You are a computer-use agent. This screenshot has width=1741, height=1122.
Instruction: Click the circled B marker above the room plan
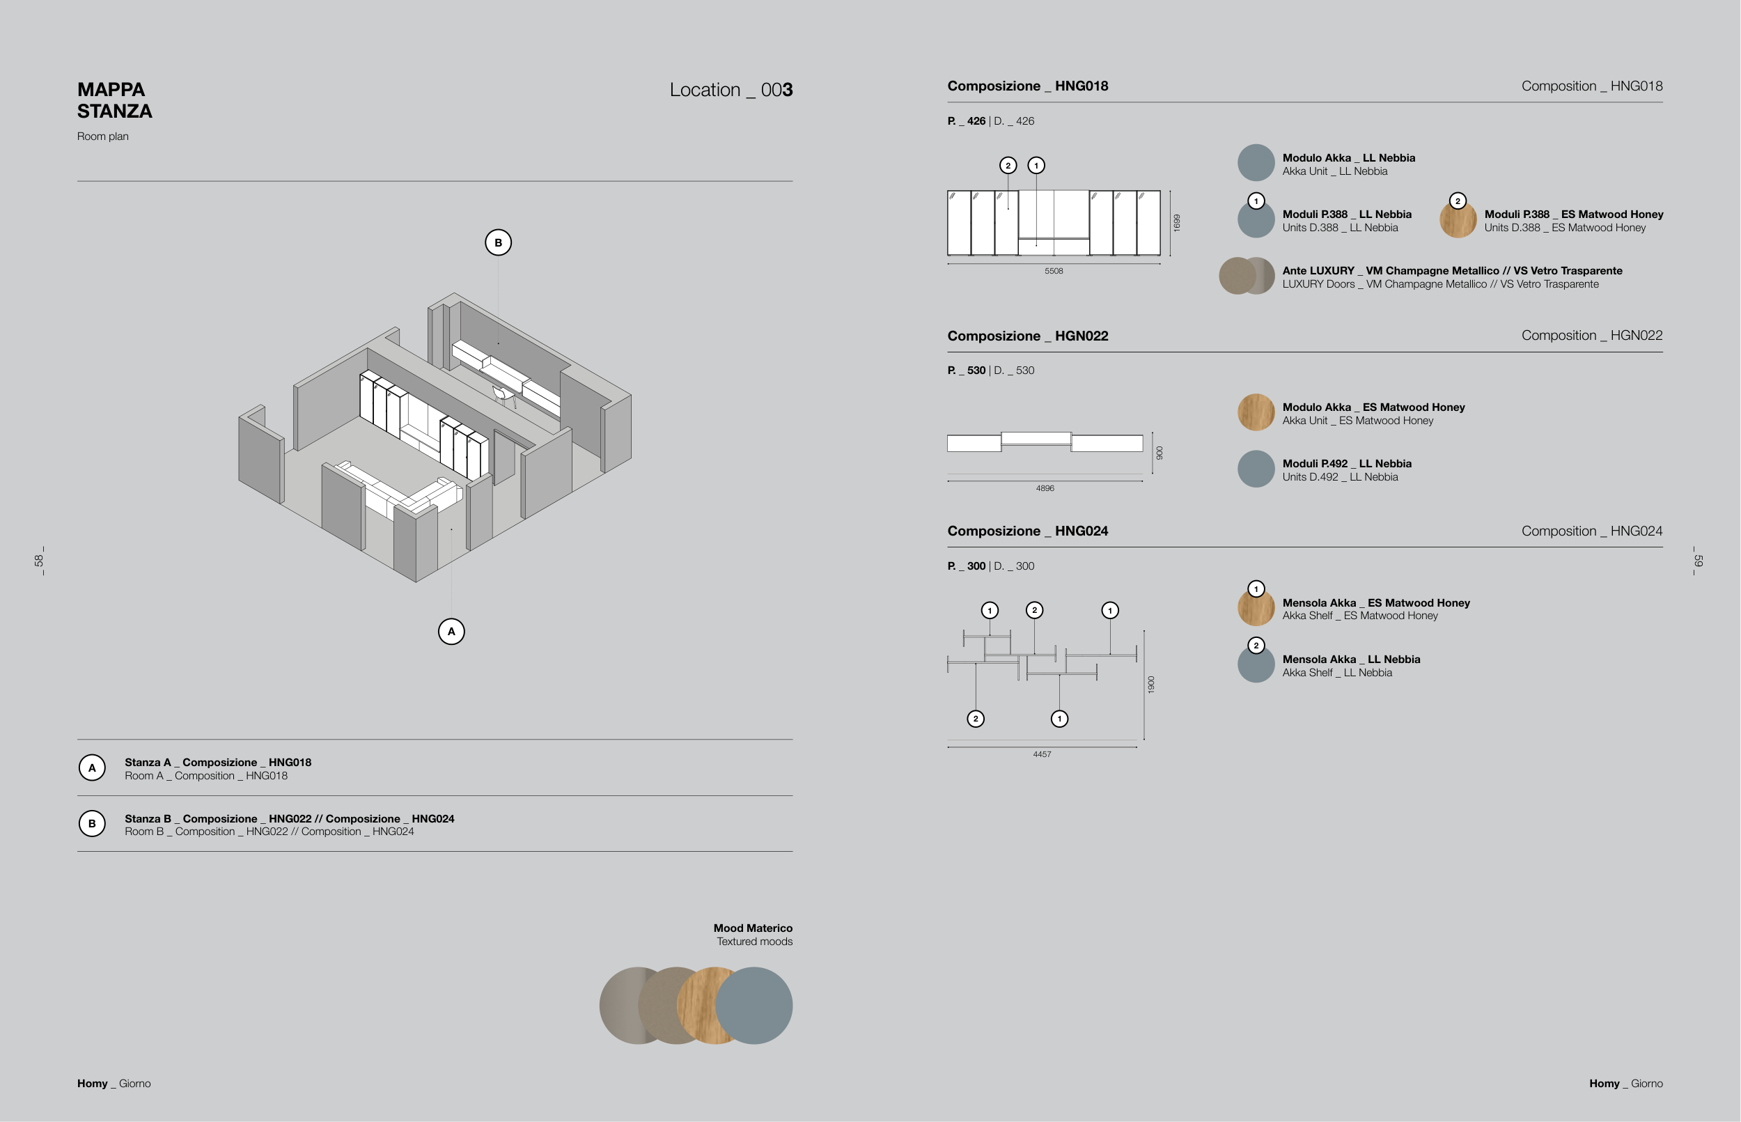498,242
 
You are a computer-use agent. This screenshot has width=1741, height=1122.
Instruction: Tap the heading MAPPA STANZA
114,100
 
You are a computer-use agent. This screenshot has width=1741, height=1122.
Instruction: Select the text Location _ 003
731,90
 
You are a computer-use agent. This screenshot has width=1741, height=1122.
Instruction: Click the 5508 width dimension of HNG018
1054,271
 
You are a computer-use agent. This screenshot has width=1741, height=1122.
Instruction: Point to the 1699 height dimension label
1176,223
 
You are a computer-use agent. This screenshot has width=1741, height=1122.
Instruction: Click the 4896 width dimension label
1045,488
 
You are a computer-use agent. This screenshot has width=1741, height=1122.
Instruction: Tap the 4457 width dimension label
1042,754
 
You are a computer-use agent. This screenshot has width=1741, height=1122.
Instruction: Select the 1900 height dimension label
1151,684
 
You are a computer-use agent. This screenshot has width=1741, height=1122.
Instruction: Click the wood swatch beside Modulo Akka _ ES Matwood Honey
1256,412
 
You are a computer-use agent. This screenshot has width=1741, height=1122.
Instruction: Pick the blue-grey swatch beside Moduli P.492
1256,469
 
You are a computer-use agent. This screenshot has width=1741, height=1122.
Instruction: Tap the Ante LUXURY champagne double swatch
1247,276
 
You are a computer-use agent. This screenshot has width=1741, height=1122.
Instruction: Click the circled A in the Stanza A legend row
92,768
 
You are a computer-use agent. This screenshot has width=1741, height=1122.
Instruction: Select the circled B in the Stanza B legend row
92,823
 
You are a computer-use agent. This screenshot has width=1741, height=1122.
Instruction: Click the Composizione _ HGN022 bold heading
1027,336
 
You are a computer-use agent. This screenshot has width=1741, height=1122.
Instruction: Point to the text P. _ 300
966,566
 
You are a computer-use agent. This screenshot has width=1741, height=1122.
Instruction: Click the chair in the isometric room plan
503,396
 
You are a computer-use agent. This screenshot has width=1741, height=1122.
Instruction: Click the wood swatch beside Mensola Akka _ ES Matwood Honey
1256,608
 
